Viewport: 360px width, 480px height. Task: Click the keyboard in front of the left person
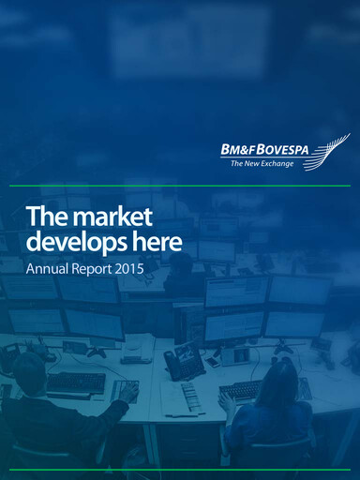pos(76,382)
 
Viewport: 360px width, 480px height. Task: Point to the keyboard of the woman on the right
pos(243,390)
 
